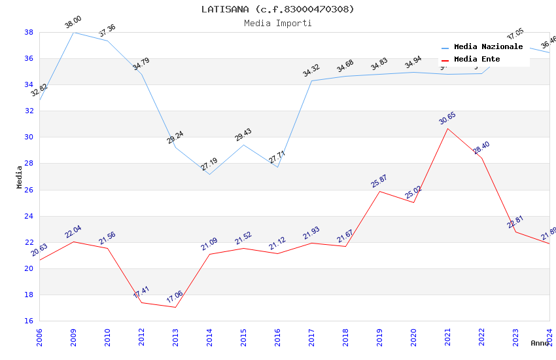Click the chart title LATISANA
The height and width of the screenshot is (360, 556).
[277, 9]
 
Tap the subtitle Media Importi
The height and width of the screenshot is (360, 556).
[277, 23]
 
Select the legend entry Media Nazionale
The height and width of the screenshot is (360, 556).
[488, 47]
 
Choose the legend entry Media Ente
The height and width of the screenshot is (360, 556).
[477, 60]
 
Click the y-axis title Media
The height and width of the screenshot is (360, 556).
[20, 177]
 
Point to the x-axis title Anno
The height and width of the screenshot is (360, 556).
[540, 343]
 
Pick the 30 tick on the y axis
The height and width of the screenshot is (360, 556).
[29, 137]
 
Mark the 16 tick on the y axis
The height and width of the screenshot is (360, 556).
[29, 321]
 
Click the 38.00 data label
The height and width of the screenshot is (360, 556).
[73, 23]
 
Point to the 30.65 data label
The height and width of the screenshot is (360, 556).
[447, 118]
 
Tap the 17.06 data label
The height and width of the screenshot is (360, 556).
[175, 297]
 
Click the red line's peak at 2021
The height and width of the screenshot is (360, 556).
[447, 128]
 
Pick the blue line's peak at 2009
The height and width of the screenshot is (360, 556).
[73, 32]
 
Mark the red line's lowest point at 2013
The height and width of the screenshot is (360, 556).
[175, 307]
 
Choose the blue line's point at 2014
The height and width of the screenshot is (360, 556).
[209, 174]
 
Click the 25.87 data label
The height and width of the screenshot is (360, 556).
[379, 181]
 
